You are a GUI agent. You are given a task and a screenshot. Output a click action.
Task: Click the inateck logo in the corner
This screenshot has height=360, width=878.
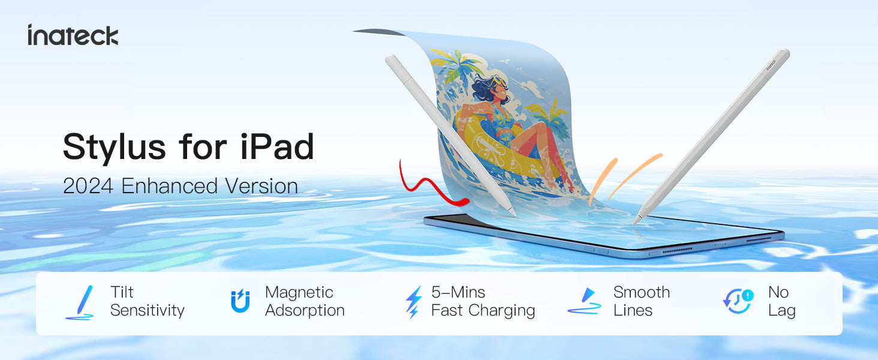click(73, 35)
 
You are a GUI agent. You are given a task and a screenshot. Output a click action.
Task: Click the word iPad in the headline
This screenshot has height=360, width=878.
click(277, 146)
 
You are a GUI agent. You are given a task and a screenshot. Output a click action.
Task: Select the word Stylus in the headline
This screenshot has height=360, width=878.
click(115, 148)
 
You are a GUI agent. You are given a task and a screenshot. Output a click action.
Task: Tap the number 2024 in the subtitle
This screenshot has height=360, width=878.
click(88, 186)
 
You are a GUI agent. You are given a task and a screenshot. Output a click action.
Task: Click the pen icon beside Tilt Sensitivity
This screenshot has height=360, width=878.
click(80, 302)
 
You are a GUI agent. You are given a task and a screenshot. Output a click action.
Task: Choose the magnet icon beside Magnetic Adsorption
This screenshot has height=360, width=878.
click(240, 301)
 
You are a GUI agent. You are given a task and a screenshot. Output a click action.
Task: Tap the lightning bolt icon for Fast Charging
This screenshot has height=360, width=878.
click(414, 302)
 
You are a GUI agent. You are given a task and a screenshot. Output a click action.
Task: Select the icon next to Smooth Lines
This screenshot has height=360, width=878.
click(584, 301)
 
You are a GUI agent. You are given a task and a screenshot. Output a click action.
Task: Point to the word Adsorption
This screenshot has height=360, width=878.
click(305, 311)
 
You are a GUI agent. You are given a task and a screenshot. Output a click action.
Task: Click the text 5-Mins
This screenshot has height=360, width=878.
click(458, 292)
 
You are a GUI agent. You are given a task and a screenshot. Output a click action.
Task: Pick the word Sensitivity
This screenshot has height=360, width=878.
click(148, 311)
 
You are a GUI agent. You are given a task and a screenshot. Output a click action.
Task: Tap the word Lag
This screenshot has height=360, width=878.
click(782, 311)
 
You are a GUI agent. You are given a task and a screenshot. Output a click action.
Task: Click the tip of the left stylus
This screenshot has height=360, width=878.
click(515, 215)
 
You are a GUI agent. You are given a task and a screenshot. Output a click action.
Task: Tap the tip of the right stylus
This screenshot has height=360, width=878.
click(633, 224)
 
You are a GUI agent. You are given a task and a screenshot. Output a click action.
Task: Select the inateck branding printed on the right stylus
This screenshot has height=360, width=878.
click(771, 65)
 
